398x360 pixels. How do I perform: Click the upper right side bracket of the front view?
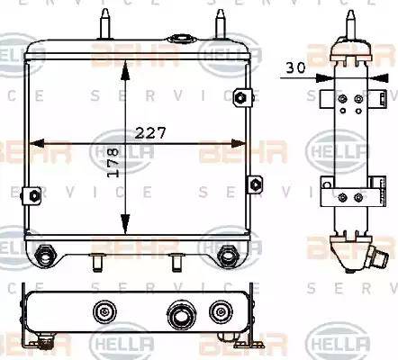click(240, 97)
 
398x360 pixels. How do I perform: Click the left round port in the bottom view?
click(106, 312)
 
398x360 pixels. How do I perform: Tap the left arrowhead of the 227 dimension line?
click(34, 142)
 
